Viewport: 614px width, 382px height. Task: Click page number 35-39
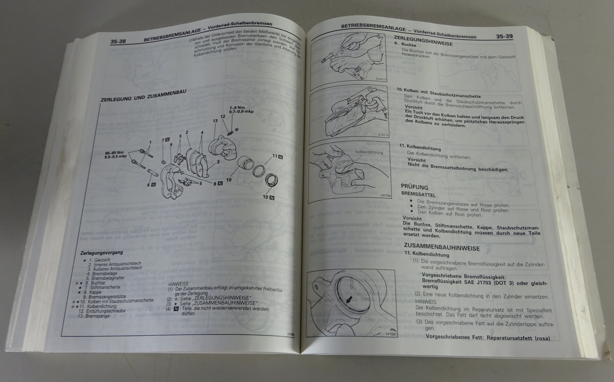tap(504, 37)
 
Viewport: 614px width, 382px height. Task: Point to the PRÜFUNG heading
tap(414, 187)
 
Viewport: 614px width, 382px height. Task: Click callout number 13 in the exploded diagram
tap(215, 121)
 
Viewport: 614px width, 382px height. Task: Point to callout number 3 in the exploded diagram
tap(218, 161)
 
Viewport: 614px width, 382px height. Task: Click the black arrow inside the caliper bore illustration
tap(348, 301)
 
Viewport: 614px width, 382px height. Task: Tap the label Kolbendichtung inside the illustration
tap(369, 152)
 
